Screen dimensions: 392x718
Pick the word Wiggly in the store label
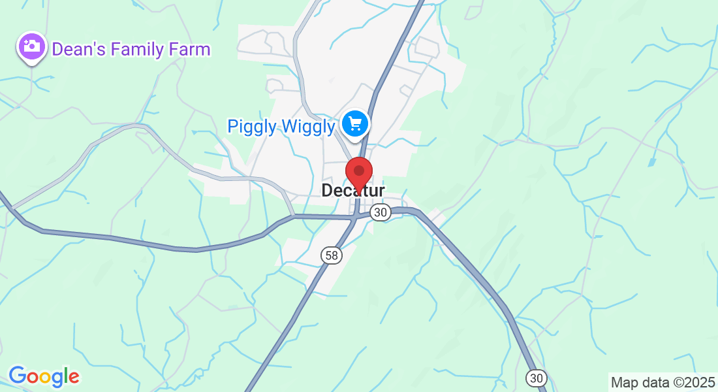(x=307, y=126)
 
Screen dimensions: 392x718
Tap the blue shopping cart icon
(x=355, y=123)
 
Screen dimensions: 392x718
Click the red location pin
(x=358, y=172)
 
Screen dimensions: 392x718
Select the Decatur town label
(x=353, y=190)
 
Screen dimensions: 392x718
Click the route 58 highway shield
(x=332, y=255)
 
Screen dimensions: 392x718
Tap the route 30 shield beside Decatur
(x=381, y=212)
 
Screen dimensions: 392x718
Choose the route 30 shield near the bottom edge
(x=536, y=378)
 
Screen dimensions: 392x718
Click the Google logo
(x=44, y=376)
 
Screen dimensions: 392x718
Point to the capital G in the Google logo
(x=17, y=376)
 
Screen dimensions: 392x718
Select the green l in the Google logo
(x=67, y=375)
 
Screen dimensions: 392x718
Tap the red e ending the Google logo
(x=74, y=377)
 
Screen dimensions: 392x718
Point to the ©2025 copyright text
(x=692, y=382)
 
